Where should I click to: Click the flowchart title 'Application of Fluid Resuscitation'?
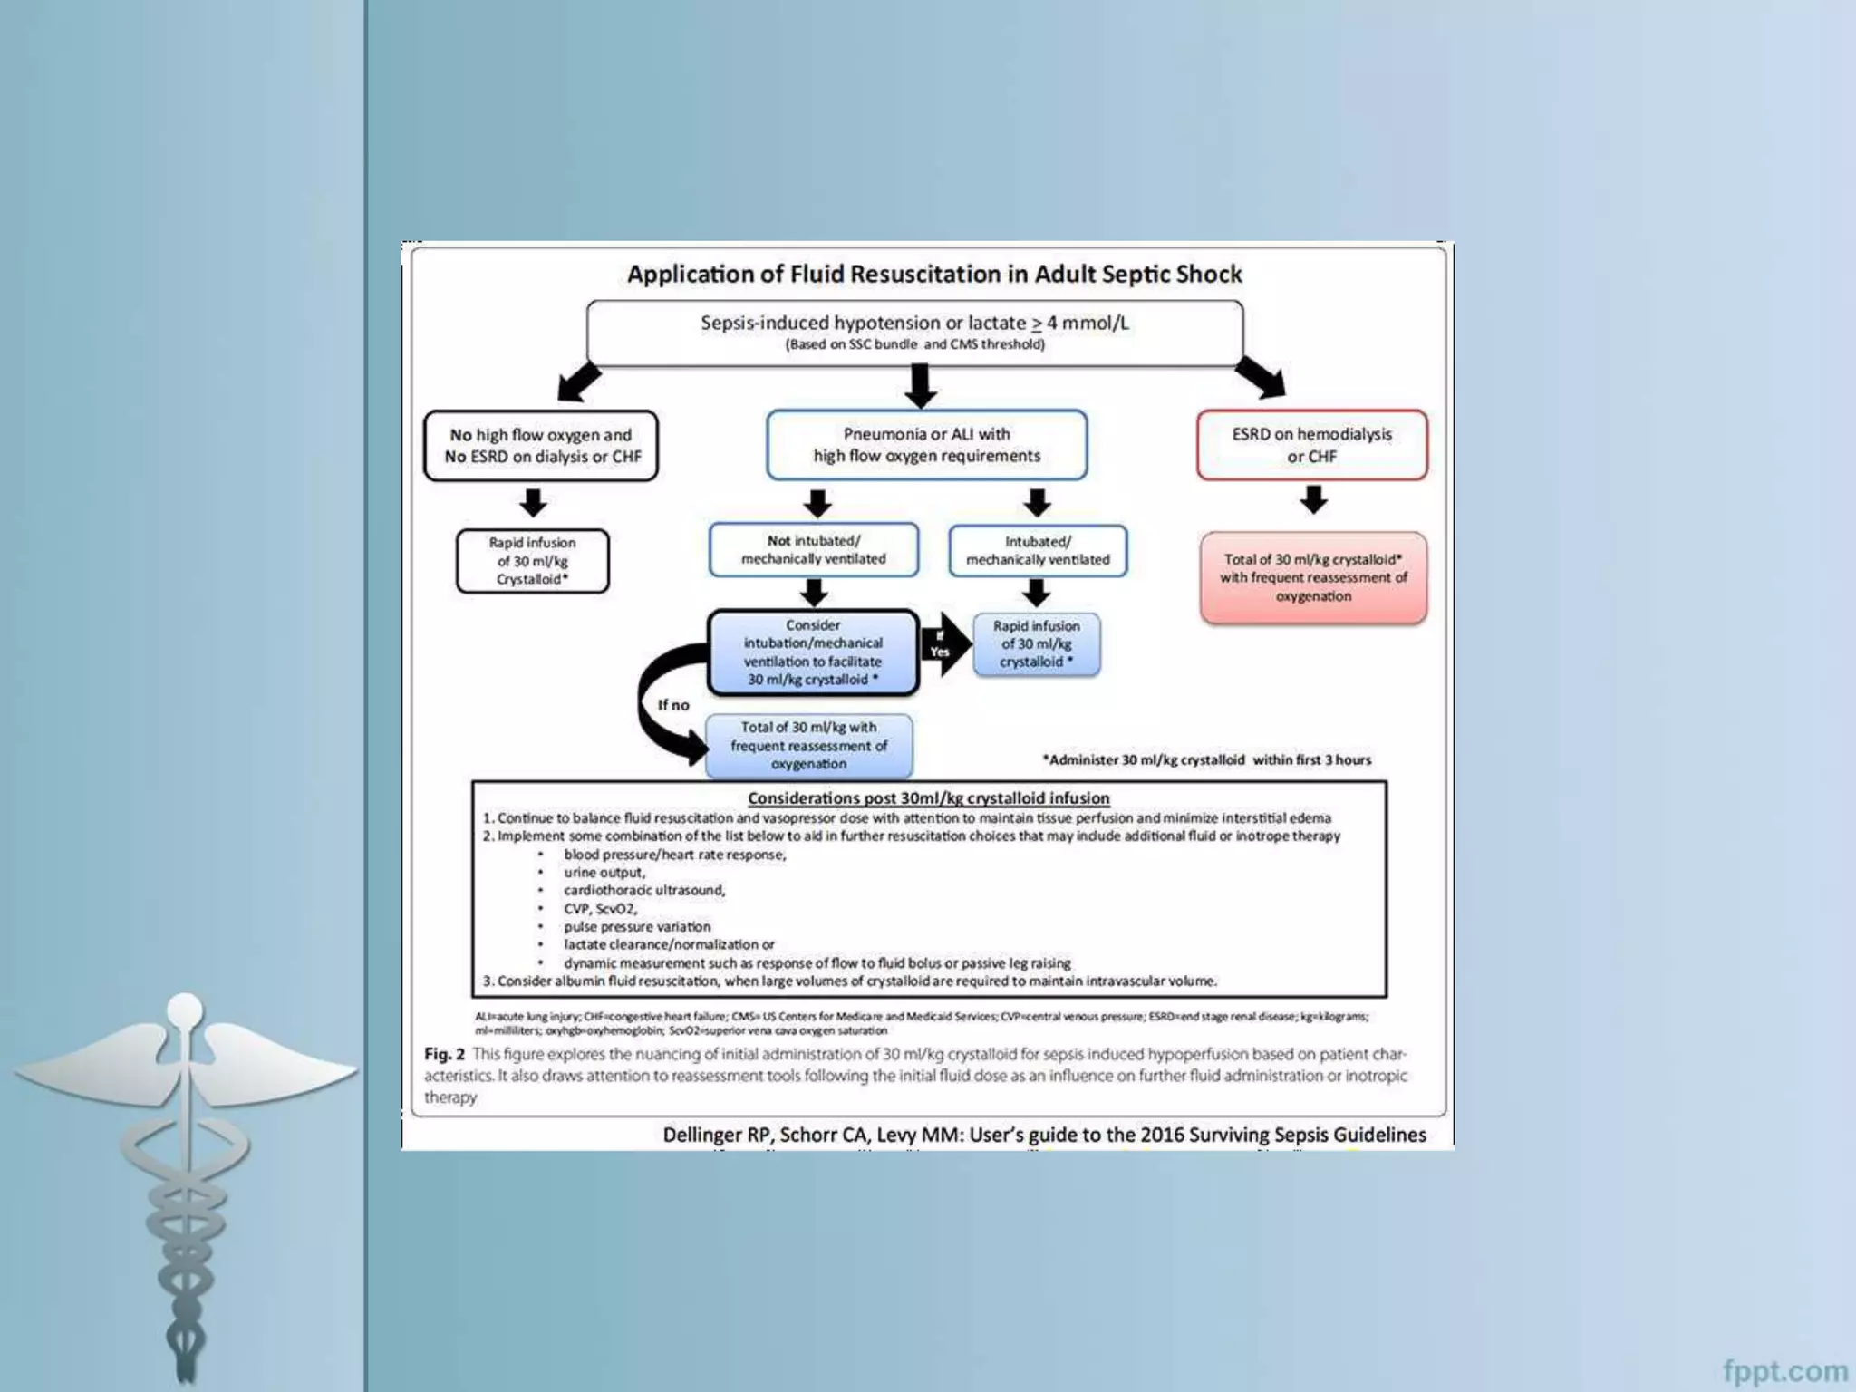tap(934, 275)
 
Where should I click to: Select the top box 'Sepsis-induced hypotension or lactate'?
tap(914, 333)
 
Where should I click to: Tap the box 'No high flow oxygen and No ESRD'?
tap(541, 446)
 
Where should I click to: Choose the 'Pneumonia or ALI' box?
tap(926, 445)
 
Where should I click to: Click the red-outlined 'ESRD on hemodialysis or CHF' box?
tap(1311, 445)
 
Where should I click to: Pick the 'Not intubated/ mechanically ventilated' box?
tap(813, 550)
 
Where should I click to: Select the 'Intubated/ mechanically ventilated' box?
tap(1038, 551)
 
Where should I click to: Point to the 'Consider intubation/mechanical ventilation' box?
tap(813, 652)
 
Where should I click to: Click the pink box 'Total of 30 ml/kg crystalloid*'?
tap(1313, 578)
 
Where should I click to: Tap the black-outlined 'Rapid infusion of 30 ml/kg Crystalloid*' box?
tap(532, 561)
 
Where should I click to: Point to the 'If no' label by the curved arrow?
tap(673, 705)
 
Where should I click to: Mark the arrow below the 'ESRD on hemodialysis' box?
tap(1313, 499)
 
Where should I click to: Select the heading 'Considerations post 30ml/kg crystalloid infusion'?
tap(928, 798)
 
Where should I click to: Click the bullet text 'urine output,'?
tap(604, 873)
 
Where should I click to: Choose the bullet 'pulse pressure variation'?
tap(637, 927)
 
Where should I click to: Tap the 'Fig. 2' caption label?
tap(444, 1055)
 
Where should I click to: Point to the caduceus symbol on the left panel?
tap(186, 1169)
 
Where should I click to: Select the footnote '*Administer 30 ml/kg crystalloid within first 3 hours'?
tap(1206, 760)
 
